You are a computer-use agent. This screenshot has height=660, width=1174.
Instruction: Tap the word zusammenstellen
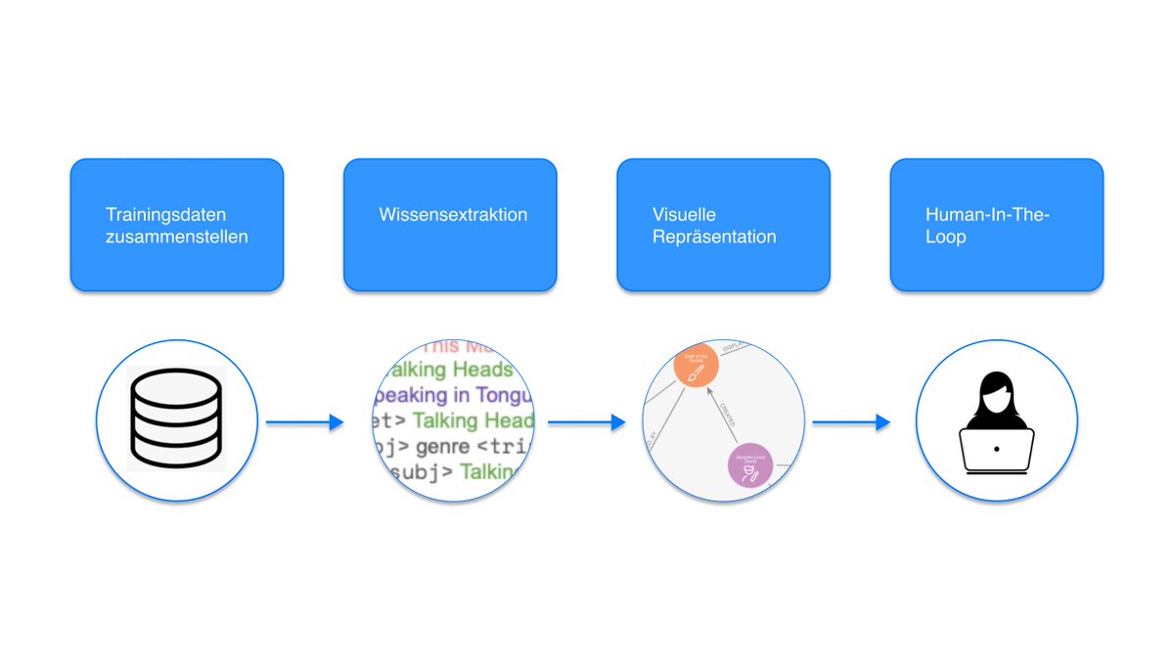click(x=177, y=237)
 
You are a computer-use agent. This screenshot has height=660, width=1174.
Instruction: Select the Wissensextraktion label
click(x=453, y=214)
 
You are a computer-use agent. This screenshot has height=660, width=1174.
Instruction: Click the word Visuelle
click(x=684, y=214)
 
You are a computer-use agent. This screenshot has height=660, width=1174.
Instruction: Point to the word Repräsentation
click(x=714, y=237)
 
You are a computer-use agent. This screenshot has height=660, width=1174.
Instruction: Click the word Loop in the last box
click(x=945, y=237)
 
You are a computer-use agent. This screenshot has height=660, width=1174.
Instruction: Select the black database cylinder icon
click(x=177, y=419)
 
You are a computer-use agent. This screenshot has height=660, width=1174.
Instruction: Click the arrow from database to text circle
click(x=304, y=422)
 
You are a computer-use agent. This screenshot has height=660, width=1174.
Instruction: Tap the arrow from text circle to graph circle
click(x=586, y=422)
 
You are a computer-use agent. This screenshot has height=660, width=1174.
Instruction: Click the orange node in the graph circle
click(x=694, y=368)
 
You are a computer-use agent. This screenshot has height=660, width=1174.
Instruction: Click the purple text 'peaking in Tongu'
click(x=454, y=395)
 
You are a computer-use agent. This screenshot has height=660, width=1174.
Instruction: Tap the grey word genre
click(x=444, y=447)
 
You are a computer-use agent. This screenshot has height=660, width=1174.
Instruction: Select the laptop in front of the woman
click(x=996, y=451)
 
